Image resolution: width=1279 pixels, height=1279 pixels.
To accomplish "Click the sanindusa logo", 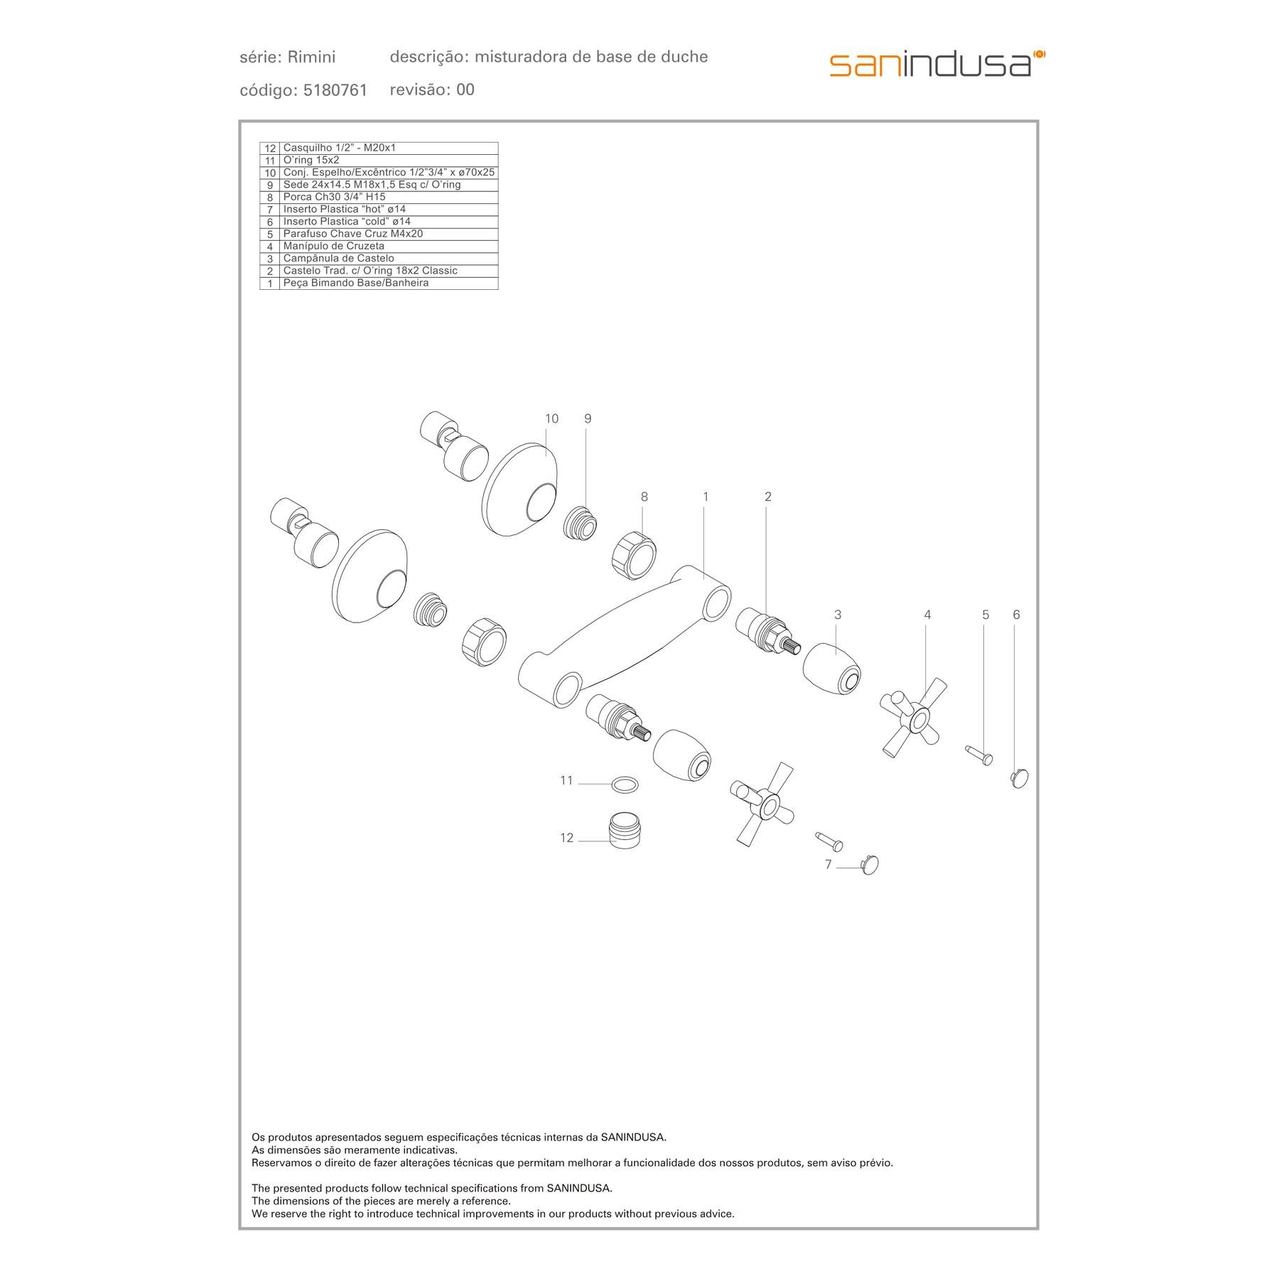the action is [x=937, y=64].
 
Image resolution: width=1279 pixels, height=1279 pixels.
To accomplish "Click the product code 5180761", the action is [x=335, y=90].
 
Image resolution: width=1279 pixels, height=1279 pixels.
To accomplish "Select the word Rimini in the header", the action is [x=312, y=57].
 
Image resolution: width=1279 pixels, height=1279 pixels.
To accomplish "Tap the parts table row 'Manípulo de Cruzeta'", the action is [x=379, y=247].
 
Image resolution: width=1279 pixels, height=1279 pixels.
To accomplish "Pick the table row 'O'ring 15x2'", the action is [x=379, y=161].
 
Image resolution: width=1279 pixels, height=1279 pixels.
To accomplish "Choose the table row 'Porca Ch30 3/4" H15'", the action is [x=379, y=198].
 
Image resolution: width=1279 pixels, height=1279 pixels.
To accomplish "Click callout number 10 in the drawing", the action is [x=551, y=419].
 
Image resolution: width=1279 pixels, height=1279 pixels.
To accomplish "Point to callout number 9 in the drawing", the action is [x=588, y=419].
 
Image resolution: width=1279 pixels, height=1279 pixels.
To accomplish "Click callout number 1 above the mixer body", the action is [x=706, y=497].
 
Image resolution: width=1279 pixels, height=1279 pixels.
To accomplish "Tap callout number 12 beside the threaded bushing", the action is [x=566, y=838].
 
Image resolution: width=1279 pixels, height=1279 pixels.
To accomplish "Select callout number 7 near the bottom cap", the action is [x=828, y=865].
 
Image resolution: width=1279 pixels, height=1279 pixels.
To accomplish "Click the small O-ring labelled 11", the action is [x=625, y=784].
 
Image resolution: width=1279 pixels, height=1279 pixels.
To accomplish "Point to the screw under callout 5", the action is [x=978, y=755].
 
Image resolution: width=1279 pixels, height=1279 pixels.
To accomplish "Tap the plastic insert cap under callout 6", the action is [x=1019, y=779].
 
